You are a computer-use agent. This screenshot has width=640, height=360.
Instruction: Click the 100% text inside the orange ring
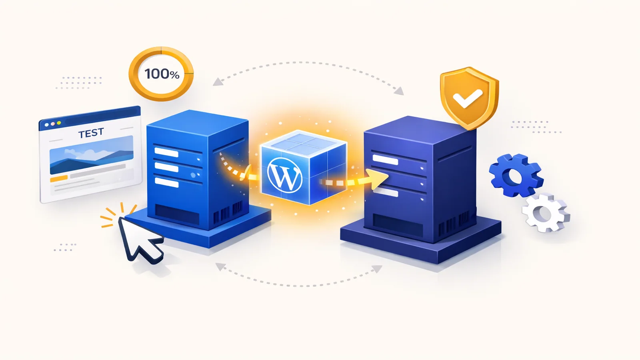click(162, 74)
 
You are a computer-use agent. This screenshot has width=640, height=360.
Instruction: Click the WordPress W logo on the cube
click(284, 174)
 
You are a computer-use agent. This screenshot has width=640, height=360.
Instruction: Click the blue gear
click(516, 176)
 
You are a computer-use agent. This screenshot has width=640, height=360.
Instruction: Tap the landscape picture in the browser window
click(92, 154)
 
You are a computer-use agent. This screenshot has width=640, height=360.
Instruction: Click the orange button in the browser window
click(59, 178)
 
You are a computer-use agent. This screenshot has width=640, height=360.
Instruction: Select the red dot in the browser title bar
click(52, 124)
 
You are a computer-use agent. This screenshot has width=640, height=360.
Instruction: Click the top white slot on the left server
click(166, 152)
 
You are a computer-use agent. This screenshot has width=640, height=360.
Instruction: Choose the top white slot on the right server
click(385, 160)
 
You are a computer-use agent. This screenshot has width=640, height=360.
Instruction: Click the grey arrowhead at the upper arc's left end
click(218, 82)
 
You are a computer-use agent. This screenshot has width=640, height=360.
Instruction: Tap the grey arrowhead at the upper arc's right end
click(399, 91)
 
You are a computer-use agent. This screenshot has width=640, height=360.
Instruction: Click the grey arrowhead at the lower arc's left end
click(220, 267)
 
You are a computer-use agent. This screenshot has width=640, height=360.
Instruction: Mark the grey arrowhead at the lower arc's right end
click(377, 268)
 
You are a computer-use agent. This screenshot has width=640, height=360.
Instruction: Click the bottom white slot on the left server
click(166, 182)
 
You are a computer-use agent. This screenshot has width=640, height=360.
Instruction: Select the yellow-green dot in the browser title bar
click(59, 123)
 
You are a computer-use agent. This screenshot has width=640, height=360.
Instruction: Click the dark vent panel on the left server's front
click(177, 214)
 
